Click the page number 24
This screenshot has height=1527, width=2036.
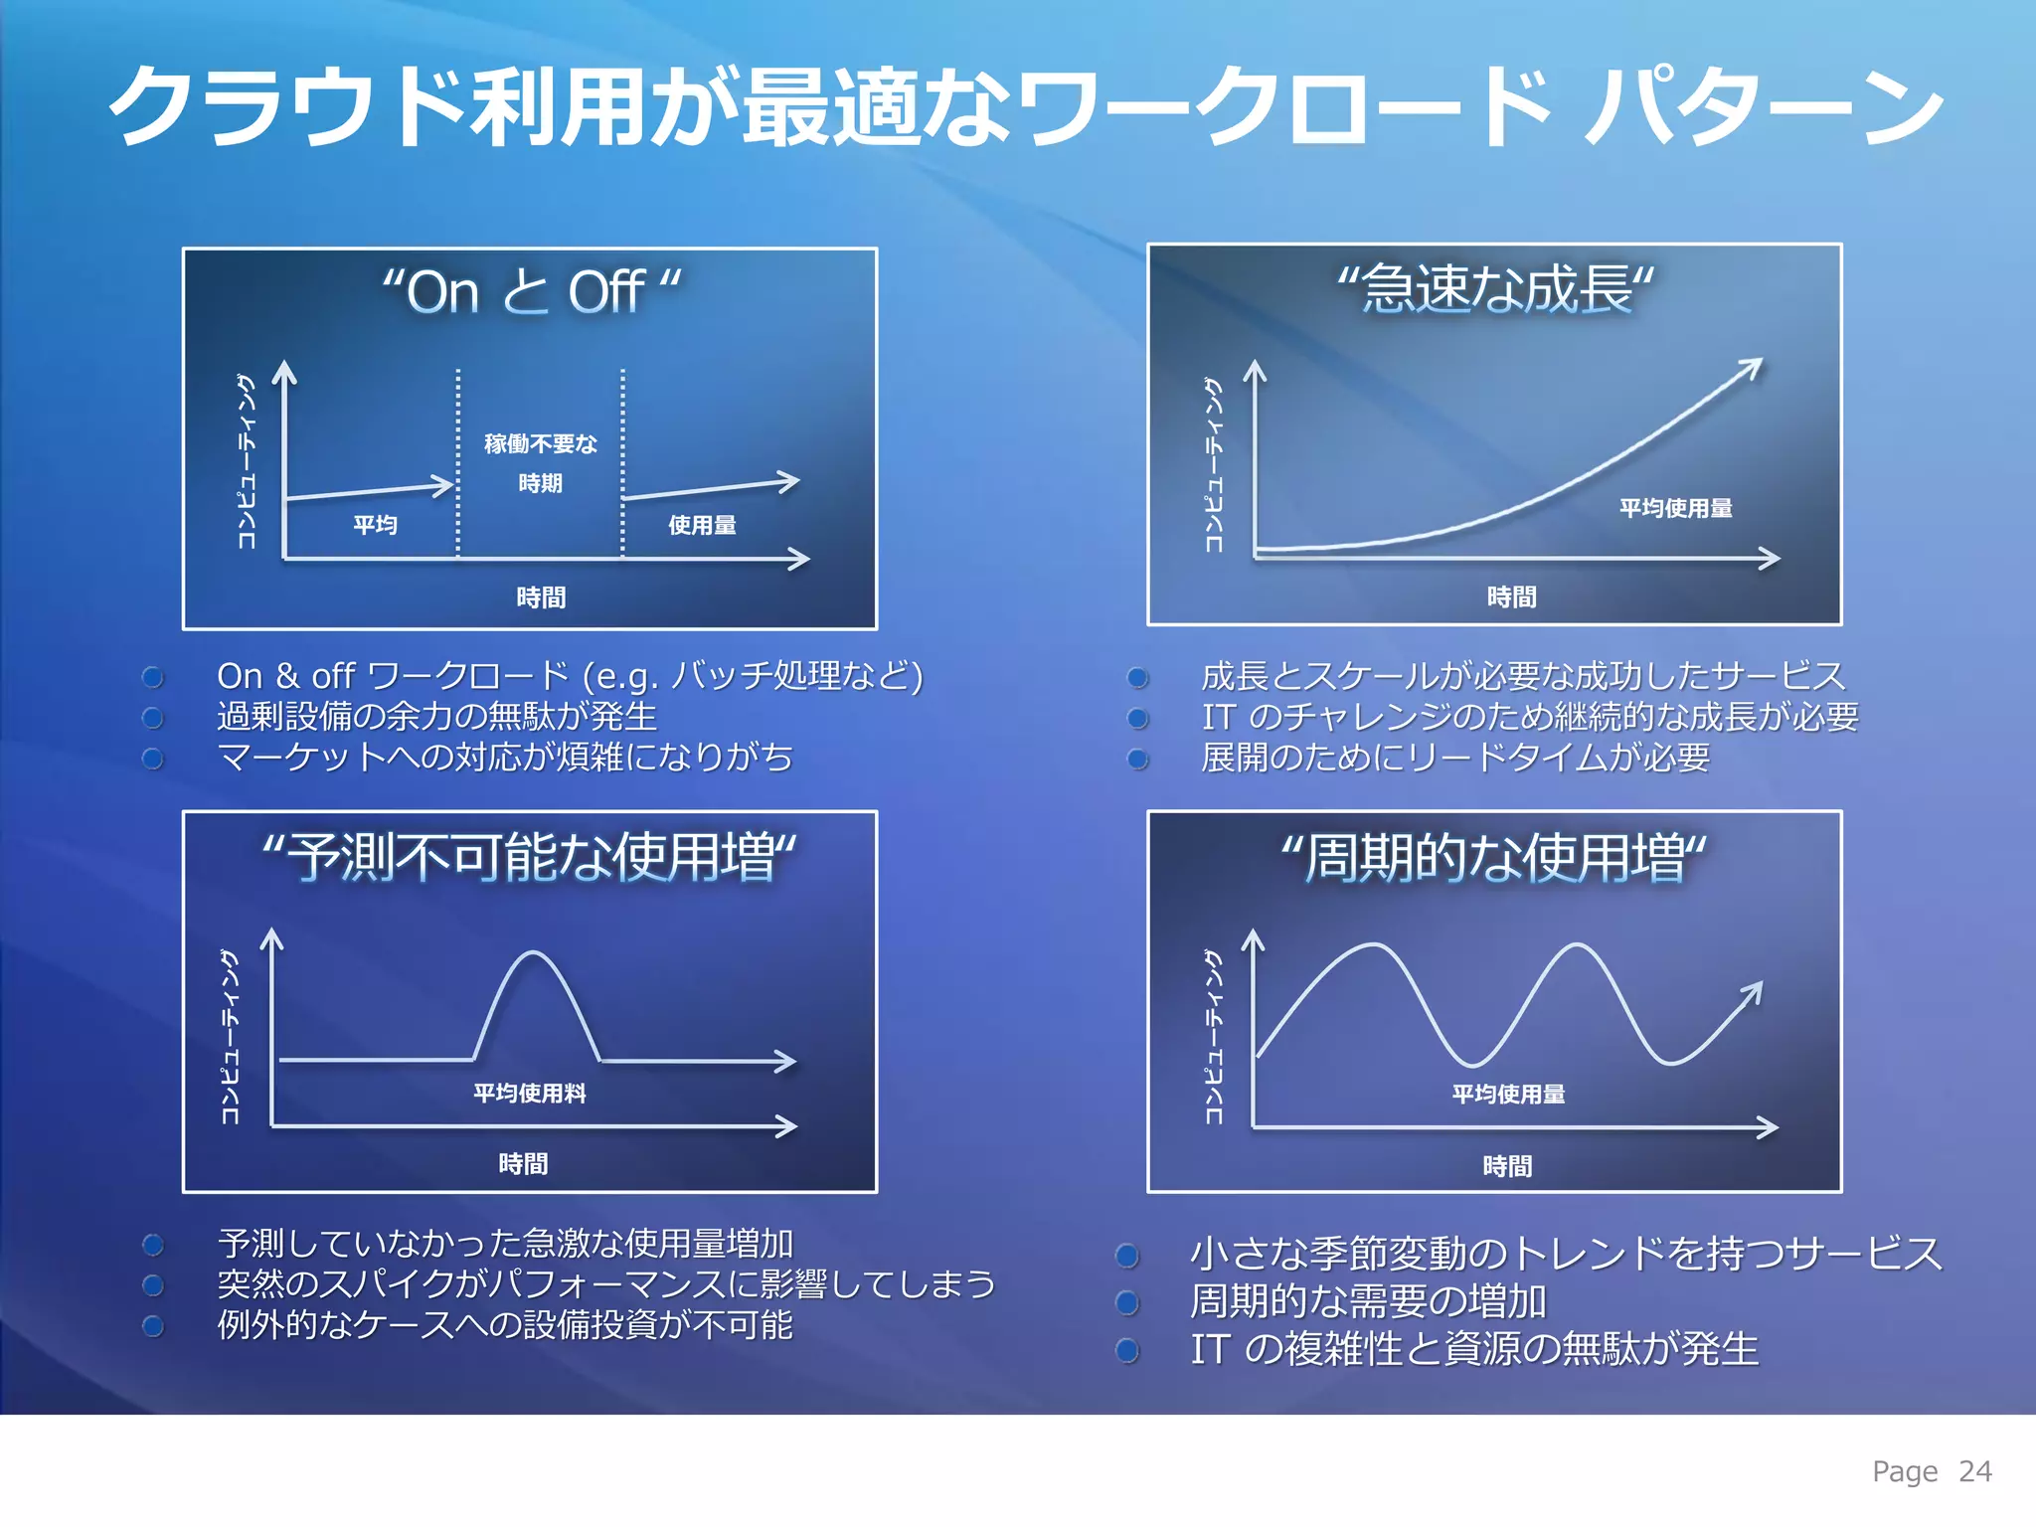[1974, 1471]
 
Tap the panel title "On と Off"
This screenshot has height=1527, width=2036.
[531, 292]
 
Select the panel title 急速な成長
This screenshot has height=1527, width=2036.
[1495, 289]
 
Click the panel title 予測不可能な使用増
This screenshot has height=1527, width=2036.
[529, 857]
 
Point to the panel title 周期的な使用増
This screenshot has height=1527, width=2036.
[1493, 858]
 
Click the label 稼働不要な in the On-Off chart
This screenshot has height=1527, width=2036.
[540, 443]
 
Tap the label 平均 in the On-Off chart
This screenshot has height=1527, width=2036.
[375, 524]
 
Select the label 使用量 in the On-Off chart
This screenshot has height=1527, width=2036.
[702, 525]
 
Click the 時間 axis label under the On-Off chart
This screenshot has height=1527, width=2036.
[541, 597]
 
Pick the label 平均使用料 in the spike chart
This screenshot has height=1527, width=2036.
[529, 1094]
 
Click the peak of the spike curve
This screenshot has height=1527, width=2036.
[534, 953]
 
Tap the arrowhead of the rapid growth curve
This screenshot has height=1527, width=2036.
[1754, 366]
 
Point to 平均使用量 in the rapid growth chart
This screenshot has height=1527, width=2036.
[1675, 508]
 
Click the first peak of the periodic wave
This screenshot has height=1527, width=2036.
[1374, 946]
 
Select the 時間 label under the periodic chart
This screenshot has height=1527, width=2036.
[1507, 1166]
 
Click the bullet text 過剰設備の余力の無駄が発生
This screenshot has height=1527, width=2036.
[437, 716]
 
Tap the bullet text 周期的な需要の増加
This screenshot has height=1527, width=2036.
[1368, 1300]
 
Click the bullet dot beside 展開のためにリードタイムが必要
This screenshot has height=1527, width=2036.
[1137, 759]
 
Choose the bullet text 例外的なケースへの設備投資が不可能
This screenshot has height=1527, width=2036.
[505, 1325]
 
